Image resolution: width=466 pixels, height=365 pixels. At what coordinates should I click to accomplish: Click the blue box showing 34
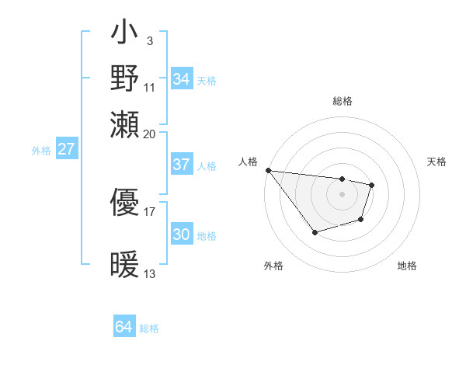pyautogui.click(x=181, y=79)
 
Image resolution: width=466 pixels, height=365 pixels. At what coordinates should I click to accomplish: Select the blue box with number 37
pyautogui.click(x=181, y=165)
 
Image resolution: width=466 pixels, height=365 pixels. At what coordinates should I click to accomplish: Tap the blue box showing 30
pyautogui.click(x=181, y=235)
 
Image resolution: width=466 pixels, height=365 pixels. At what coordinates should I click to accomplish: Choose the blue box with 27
pyautogui.click(x=66, y=149)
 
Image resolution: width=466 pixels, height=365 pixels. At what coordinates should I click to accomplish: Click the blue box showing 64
pyautogui.click(x=123, y=327)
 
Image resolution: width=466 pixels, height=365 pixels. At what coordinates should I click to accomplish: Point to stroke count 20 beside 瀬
pyautogui.click(x=150, y=133)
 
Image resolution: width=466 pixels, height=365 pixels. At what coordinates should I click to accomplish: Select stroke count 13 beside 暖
pyautogui.click(x=150, y=273)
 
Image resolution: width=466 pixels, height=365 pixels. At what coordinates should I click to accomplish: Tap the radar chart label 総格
pyautogui.click(x=342, y=101)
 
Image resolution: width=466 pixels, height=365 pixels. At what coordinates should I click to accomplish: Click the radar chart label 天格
pyautogui.click(x=437, y=162)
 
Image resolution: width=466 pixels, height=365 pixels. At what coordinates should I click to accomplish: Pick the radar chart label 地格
pyautogui.click(x=407, y=266)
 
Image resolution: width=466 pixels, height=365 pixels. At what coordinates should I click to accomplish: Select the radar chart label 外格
pyautogui.click(x=273, y=266)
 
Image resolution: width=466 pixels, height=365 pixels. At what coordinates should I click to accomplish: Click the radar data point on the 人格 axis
pyautogui.click(x=268, y=170)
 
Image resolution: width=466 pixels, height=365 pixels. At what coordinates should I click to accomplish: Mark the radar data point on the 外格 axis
pyautogui.click(x=315, y=232)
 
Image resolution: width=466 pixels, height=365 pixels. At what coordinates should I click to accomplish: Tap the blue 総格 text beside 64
pyautogui.click(x=149, y=328)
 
